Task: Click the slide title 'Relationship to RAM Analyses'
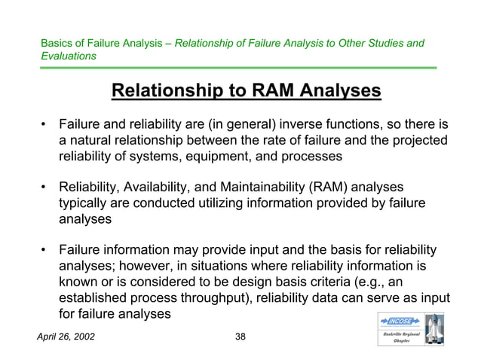[x=246, y=92]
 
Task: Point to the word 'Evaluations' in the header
[x=69, y=56]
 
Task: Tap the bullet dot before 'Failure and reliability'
[x=45, y=124]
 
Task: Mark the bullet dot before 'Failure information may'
[x=45, y=249]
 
